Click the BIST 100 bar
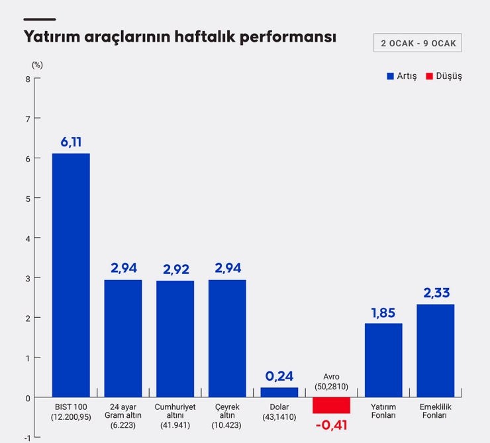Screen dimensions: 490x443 71,275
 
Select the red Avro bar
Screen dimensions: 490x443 331,405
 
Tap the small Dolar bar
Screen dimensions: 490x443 279,393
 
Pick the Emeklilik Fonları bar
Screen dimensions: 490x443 435,351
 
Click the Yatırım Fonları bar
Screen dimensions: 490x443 383,360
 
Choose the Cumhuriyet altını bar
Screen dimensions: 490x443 175,339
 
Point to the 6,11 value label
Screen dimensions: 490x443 71,142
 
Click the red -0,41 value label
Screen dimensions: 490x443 331,425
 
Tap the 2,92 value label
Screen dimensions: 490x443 176,270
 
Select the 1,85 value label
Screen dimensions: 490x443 383,313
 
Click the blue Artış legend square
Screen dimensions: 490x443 390,76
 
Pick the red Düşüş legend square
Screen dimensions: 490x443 429,76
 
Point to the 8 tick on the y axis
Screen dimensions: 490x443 28,79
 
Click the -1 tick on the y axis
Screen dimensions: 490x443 28,438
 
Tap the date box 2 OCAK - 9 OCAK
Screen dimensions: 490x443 418,43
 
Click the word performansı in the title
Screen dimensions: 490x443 288,37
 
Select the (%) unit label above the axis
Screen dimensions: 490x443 37,65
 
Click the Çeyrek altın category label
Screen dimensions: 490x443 227,416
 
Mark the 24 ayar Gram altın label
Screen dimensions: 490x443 122,416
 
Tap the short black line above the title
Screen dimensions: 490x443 40,19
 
